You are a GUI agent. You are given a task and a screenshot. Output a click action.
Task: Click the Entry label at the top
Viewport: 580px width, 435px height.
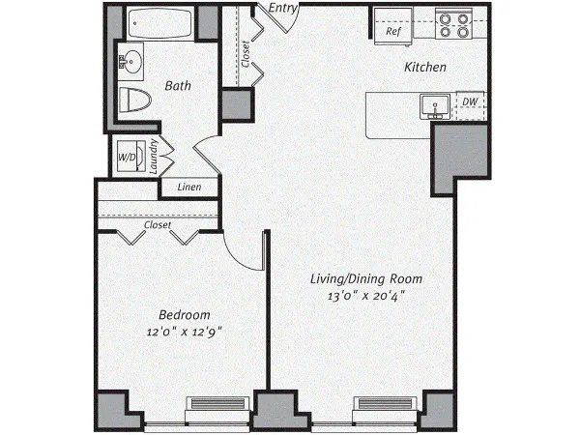pos(282,9)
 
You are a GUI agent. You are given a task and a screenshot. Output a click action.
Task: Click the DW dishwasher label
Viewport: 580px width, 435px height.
pos(469,101)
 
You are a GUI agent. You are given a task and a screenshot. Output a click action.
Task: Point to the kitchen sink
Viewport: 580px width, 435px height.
pos(432,105)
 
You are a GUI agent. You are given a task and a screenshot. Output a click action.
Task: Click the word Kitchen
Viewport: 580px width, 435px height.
pos(425,68)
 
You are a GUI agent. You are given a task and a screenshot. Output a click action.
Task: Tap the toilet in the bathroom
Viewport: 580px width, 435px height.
pos(137,100)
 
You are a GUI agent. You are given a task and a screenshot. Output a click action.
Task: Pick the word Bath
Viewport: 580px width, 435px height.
pos(177,85)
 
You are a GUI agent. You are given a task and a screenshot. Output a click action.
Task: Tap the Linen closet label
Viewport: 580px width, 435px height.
pos(188,187)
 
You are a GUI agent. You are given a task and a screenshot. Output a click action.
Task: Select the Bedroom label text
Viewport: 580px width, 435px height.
pos(185,315)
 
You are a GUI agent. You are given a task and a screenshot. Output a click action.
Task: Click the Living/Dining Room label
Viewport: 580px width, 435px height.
pos(366,279)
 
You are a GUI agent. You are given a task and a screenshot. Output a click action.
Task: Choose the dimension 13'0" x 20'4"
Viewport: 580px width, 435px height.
pos(366,297)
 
